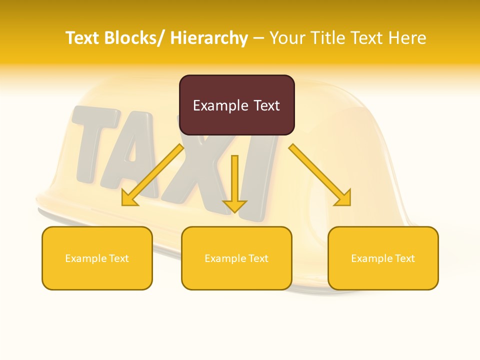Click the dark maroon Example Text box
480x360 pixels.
pyautogui.click(x=236, y=105)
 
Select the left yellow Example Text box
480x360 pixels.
pyautogui.click(x=97, y=258)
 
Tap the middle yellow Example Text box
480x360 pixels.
pyautogui.click(x=236, y=258)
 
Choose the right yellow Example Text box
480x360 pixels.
pyautogui.click(x=383, y=258)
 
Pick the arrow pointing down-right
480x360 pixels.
pyautogui.click(x=320, y=175)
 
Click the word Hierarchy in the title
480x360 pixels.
pyautogui.click(x=209, y=38)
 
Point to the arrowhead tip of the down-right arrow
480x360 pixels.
pyautogui.click(x=349, y=204)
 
